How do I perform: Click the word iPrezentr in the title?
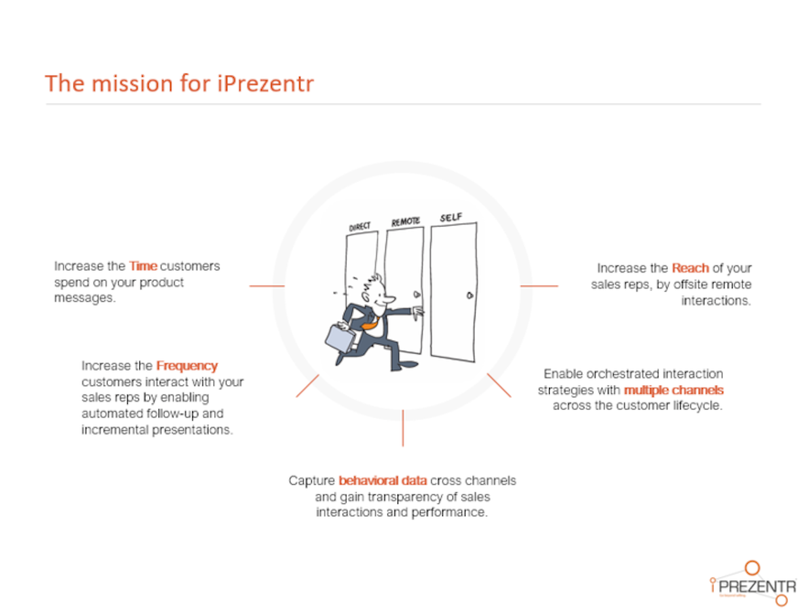click(266, 83)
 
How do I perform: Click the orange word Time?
click(143, 266)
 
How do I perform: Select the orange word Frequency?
click(187, 367)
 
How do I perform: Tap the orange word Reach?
click(690, 268)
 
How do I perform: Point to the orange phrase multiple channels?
click(674, 390)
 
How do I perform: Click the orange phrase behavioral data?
click(383, 481)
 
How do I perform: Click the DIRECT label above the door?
click(359, 226)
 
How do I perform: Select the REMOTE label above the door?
click(406, 221)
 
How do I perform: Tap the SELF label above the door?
click(451, 217)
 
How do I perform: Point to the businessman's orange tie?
click(371, 324)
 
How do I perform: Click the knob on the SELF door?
click(470, 295)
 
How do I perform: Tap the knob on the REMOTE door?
click(417, 294)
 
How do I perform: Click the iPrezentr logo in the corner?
click(753, 583)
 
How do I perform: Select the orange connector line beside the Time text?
click(267, 286)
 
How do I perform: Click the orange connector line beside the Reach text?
click(539, 286)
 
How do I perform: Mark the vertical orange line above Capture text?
click(403, 428)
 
